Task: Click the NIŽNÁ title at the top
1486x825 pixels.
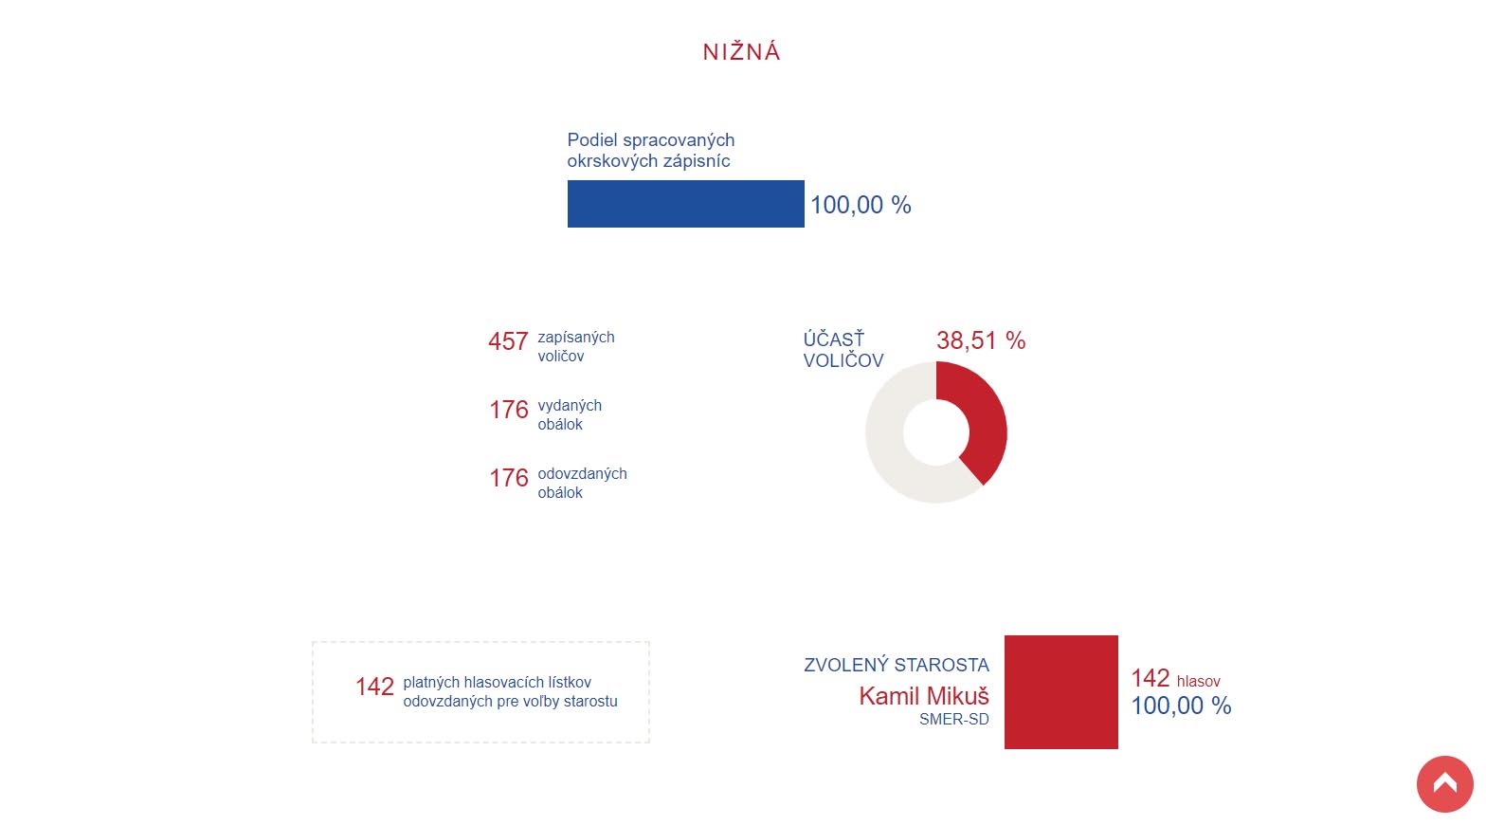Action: click(741, 52)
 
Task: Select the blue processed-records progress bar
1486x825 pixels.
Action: click(685, 204)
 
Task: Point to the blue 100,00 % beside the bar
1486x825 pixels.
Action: click(861, 205)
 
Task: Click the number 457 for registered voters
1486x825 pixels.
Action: click(508, 341)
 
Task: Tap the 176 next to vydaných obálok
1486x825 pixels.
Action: click(509, 410)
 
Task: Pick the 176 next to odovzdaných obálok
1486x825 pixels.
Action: click(509, 478)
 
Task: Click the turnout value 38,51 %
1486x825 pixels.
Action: click(981, 340)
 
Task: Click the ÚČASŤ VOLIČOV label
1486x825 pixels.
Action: click(843, 350)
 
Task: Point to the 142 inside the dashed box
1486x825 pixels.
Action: click(374, 687)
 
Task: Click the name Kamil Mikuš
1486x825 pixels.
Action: click(924, 696)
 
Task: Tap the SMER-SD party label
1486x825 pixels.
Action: click(953, 720)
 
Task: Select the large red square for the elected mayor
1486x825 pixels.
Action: click(1060, 692)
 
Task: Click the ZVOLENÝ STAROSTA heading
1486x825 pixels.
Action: click(896, 665)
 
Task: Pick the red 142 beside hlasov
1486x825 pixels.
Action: click(1150, 678)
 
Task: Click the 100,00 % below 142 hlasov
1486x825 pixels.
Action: click(1181, 706)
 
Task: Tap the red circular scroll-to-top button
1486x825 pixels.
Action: click(1444, 784)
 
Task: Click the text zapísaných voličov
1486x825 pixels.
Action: click(575, 346)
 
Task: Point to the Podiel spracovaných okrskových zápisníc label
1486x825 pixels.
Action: click(651, 151)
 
